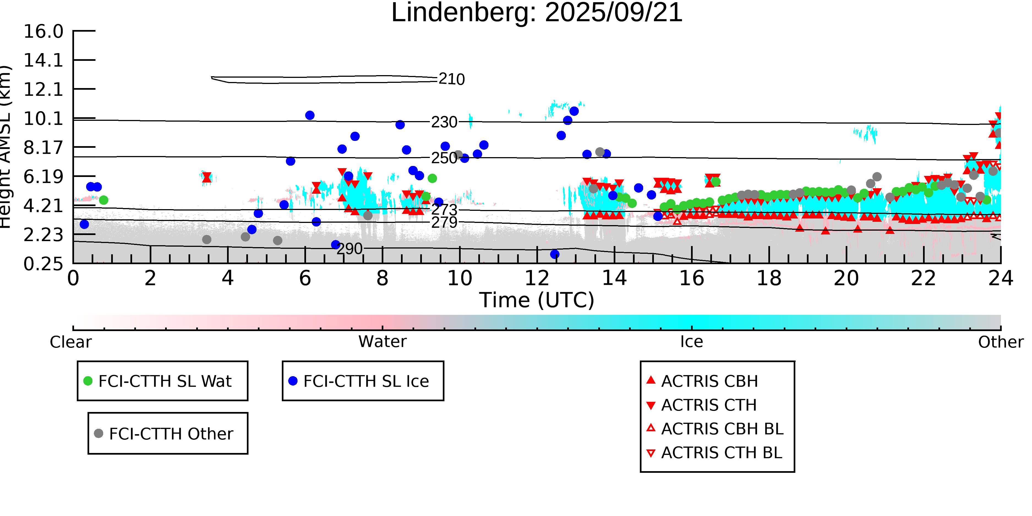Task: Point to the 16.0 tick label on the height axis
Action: point(43,31)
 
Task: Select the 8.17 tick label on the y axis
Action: point(43,148)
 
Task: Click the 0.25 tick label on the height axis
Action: point(43,264)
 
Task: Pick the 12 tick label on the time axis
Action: point(537,278)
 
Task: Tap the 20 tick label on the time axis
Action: point(846,278)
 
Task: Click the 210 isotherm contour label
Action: point(452,79)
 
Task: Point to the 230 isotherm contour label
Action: point(444,122)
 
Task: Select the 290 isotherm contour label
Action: point(349,249)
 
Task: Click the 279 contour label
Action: point(444,222)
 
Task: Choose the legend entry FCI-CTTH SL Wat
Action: point(165,381)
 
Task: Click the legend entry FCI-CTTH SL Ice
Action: point(366,381)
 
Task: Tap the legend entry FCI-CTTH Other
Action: point(171,433)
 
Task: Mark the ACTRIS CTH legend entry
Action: point(709,405)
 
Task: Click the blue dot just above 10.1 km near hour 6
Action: point(310,115)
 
